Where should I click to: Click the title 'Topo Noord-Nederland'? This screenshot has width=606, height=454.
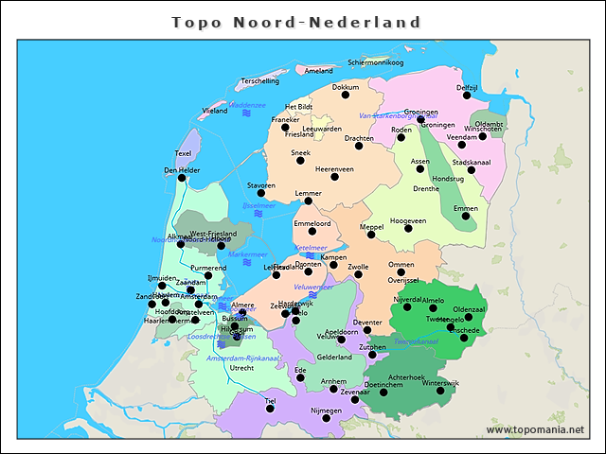(x=296, y=21)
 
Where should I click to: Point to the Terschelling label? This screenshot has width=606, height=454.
(x=260, y=81)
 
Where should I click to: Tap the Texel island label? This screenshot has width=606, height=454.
(x=184, y=153)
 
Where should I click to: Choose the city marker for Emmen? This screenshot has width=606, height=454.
(x=465, y=217)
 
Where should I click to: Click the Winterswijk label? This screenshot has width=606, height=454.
(x=440, y=383)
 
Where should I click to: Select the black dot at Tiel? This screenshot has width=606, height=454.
(x=271, y=409)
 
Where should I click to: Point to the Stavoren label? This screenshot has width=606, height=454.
(x=261, y=185)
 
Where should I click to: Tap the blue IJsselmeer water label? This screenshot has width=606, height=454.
(x=258, y=204)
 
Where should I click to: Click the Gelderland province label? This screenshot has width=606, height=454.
(x=334, y=358)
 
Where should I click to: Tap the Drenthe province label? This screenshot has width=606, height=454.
(x=427, y=188)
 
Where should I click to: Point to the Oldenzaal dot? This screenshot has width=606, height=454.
(x=468, y=317)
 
